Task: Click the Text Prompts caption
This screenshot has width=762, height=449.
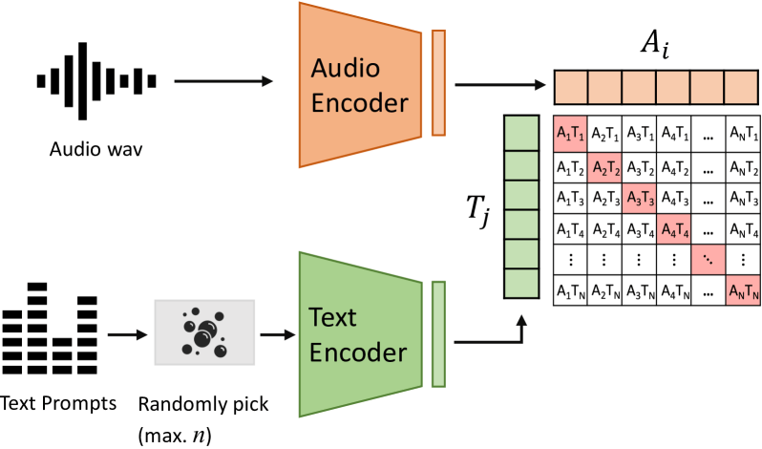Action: pyautogui.click(x=59, y=403)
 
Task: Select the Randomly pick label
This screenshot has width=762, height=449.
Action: pyautogui.click(x=203, y=403)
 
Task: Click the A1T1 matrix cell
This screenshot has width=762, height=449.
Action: pyautogui.click(x=571, y=133)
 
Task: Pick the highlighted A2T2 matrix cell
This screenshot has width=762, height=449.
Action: pyautogui.click(x=605, y=166)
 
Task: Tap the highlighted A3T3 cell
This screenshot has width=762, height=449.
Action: pyautogui.click(x=640, y=200)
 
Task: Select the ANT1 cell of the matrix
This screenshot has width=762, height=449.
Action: pyautogui.click(x=742, y=133)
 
